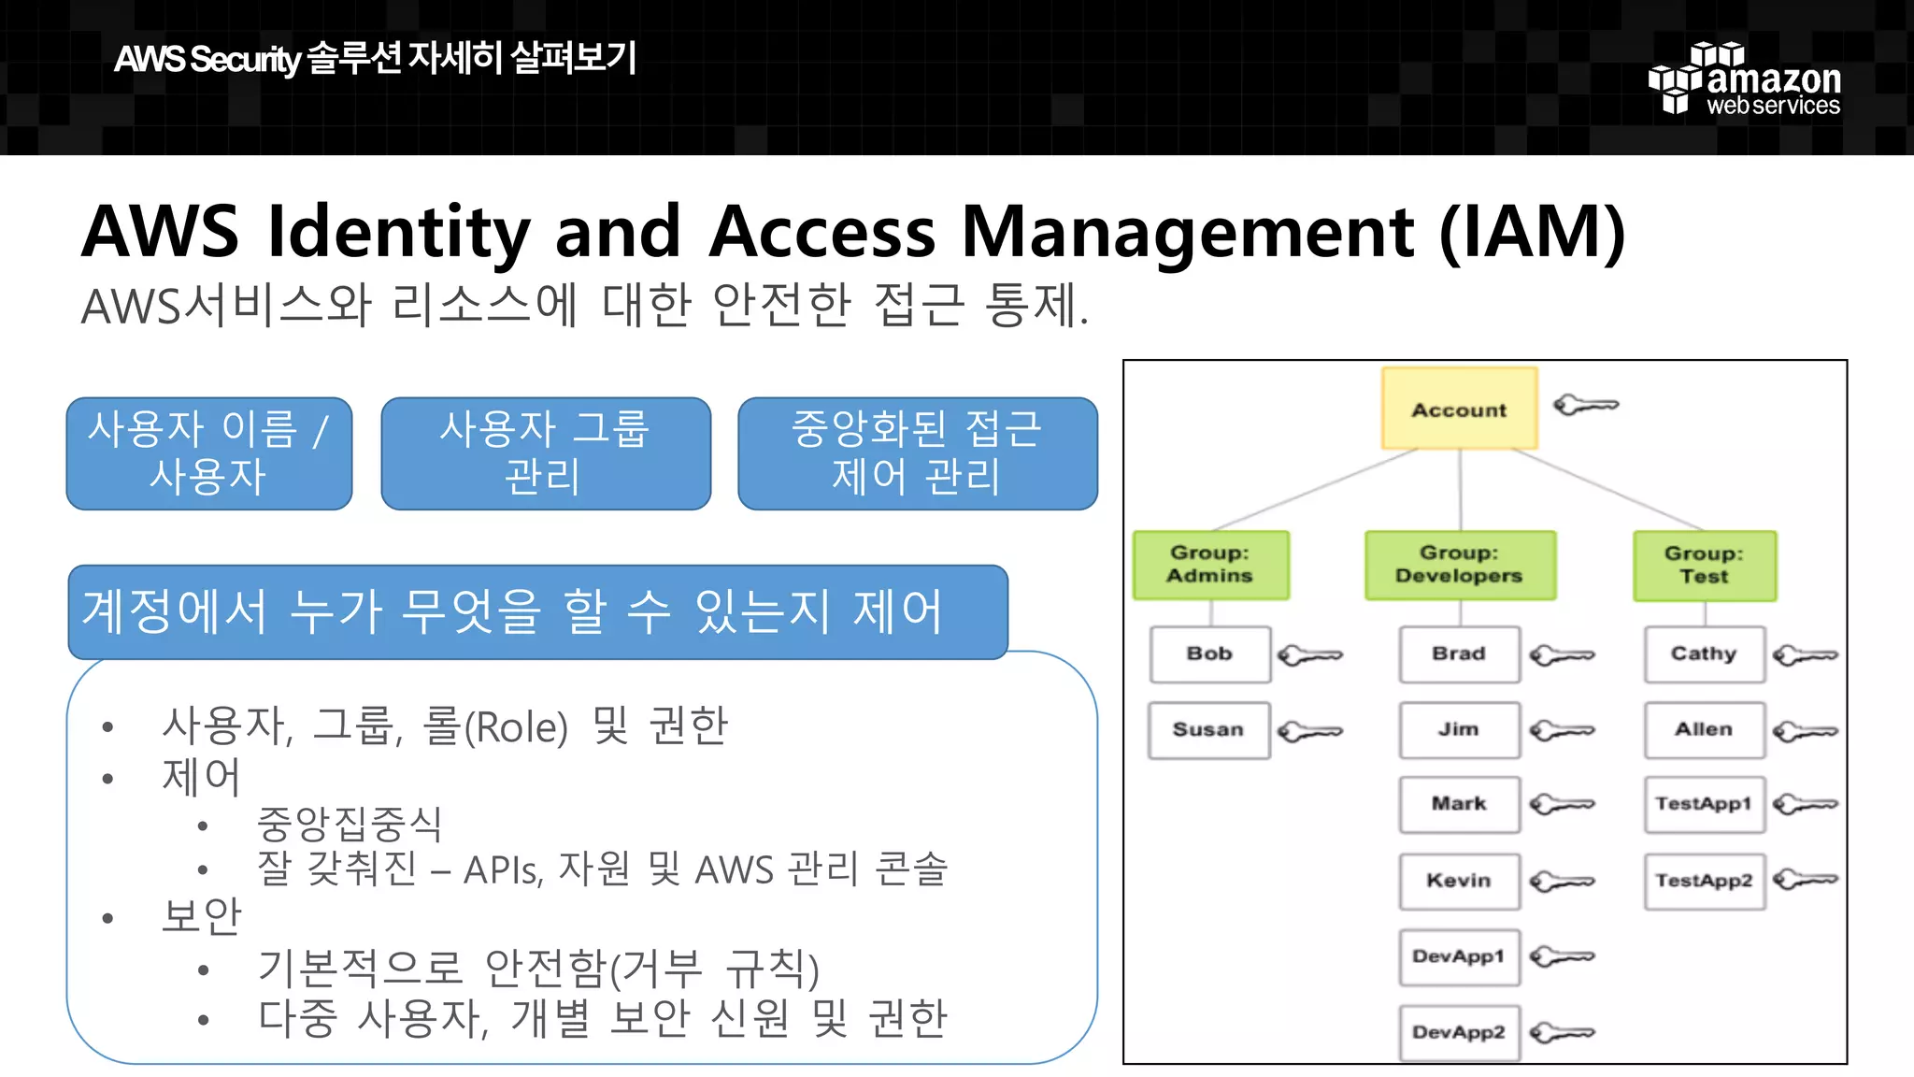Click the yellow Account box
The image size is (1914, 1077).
[x=1459, y=409]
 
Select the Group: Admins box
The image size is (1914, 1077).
[x=1210, y=565]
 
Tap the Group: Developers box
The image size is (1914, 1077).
[x=1459, y=565]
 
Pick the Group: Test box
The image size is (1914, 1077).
[x=1704, y=566]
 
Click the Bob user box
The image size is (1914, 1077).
[x=1209, y=653]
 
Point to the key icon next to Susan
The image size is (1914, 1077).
[x=1309, y=731]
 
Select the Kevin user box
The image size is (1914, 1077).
[x=1458, y=881]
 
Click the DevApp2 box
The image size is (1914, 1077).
[x=1458, y=1032]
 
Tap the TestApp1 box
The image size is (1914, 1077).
[x=1703, y=804]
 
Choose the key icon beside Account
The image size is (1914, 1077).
[x=1585, y=406]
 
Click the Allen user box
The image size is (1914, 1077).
[x=1703, y=729]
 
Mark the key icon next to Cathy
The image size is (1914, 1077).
[x=1805, y=655]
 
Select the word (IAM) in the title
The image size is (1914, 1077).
[x=1532, y=232]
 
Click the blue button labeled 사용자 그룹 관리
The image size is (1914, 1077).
[x=545, y=453]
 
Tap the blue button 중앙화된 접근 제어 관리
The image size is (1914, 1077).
[x=917, y=453]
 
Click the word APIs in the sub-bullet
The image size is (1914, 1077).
[x=503, y=870]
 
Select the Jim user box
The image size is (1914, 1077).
[x=1458, y=729]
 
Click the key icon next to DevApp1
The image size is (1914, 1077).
[x=1562, y=957]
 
